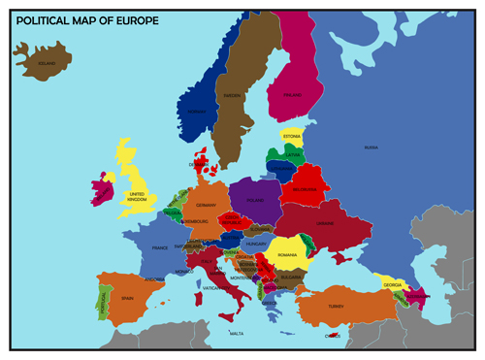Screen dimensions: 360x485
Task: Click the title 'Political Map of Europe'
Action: (81, 20)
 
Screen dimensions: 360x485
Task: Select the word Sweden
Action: (233, 96)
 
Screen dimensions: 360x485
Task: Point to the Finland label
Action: (291, 95)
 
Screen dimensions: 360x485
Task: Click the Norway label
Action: (197, 112)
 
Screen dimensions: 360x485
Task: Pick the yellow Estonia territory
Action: (292, 137)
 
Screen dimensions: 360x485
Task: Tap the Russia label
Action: (372, 147)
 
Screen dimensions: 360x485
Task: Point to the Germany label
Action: (206, 205)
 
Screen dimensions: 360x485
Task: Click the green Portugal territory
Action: (101, 301)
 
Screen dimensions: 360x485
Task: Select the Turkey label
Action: (336, 307)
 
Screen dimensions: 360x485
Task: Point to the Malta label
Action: (236, 333)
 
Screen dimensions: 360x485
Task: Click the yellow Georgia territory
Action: (392, 282)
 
